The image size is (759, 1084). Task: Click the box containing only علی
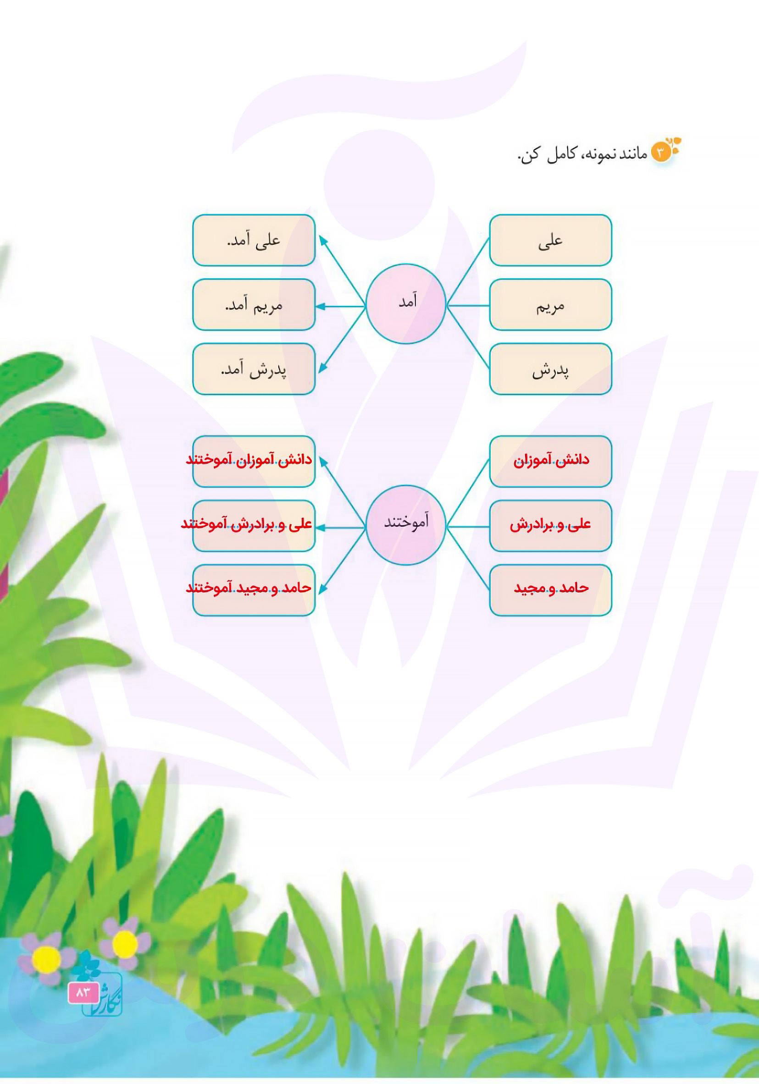[551, 240]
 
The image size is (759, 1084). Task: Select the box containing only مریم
[551, 304]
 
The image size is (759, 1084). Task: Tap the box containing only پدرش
[551, 369]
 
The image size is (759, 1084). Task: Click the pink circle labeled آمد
[406, 303]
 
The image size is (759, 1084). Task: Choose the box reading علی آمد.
[254, 240]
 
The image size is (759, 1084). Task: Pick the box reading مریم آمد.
[254, 304]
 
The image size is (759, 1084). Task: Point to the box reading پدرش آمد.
[254, 369]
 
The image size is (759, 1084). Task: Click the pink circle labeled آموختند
[406, 525]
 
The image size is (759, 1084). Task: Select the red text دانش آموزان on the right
[551, 460]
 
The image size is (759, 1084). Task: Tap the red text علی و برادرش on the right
[550, 524]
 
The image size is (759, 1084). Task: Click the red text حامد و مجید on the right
[551, 588]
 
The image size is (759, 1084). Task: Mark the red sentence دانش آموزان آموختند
[249, 460]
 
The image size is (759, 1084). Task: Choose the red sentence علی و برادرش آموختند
[247, 524]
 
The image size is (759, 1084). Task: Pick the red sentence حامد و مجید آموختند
[249, 588]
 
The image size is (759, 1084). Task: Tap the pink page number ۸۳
[83, 993]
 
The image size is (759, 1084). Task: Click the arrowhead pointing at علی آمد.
[323, 240]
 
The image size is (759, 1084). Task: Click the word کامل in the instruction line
[562, 154]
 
